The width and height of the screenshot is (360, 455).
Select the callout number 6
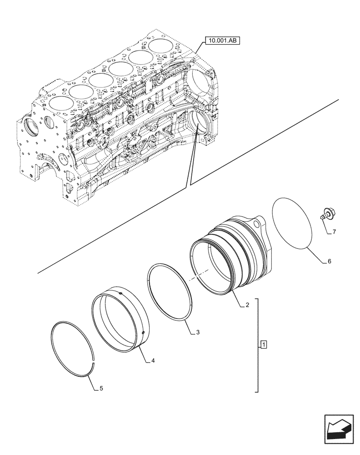tap(330, 262)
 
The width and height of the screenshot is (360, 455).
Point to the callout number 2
tap(247, 305)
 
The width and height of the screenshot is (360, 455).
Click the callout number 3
tap(198, 333)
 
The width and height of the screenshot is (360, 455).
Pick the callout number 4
tap(153, 361)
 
